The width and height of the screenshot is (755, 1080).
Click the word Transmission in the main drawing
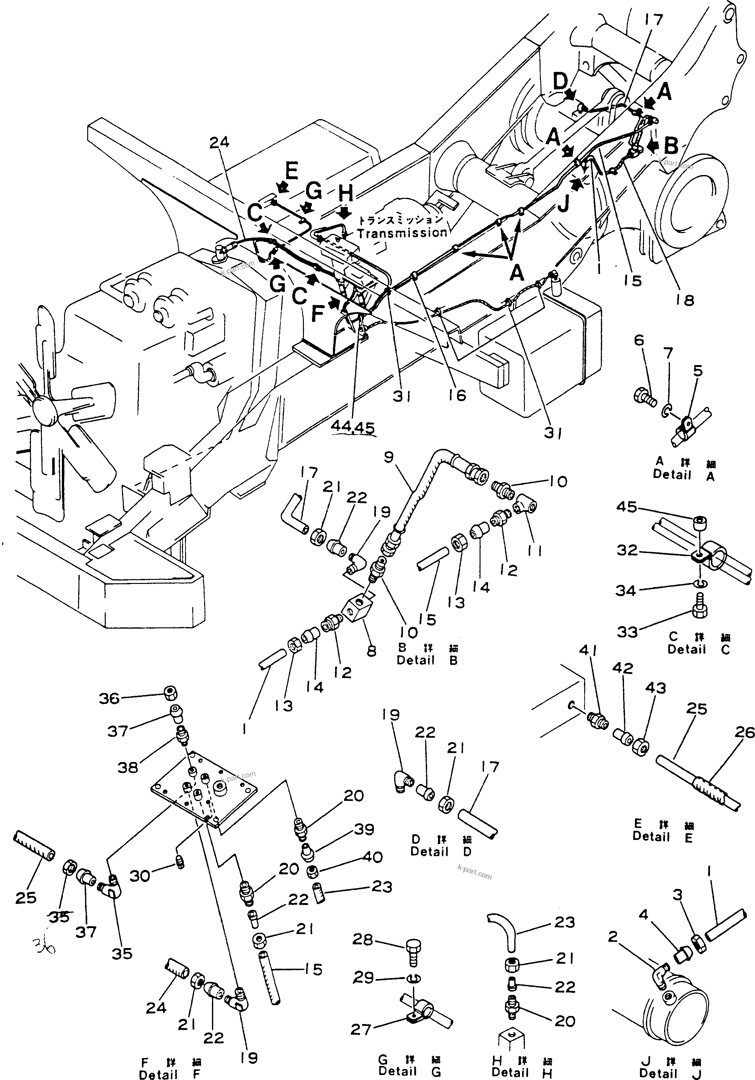click(x=402, y=233)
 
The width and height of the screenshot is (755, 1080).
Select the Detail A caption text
click(x=684, y=475)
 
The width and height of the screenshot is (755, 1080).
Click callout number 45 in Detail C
click(x=627, y=507)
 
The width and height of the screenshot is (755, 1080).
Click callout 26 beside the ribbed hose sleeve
click(x=744, y=732)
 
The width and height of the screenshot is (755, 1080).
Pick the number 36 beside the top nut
click(x=109, y=699)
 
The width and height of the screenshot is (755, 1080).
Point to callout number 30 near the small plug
click(x=140, y=876)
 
